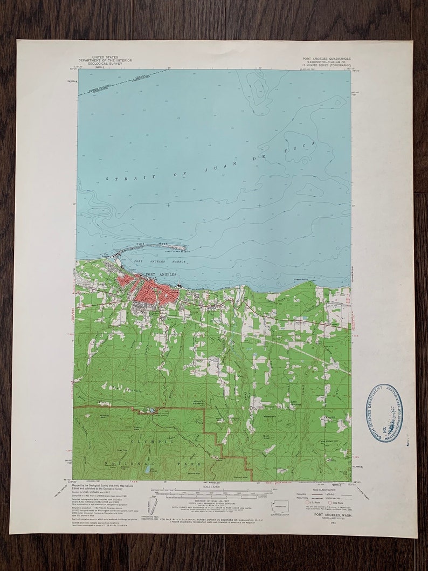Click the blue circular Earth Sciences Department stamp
point(386,412)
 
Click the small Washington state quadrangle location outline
point(280,507)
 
